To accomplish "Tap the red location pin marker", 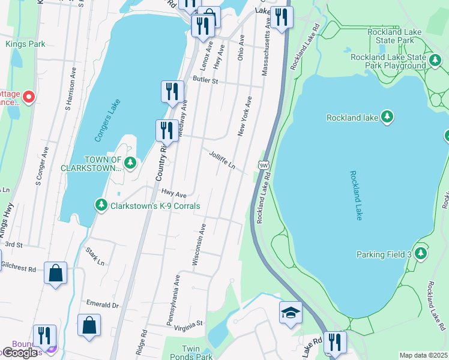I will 29,97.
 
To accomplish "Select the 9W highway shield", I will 264,164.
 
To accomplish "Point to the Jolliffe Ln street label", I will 221,159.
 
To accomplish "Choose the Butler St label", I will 205,79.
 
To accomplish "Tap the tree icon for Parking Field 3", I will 421,253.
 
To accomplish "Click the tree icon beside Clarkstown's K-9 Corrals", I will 101,206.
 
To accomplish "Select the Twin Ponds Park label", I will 197,352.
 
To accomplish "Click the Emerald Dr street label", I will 103,305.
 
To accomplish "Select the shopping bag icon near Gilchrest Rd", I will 55,274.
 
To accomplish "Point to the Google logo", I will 20,353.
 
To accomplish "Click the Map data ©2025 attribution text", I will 424,355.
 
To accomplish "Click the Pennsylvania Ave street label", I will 173,300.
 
